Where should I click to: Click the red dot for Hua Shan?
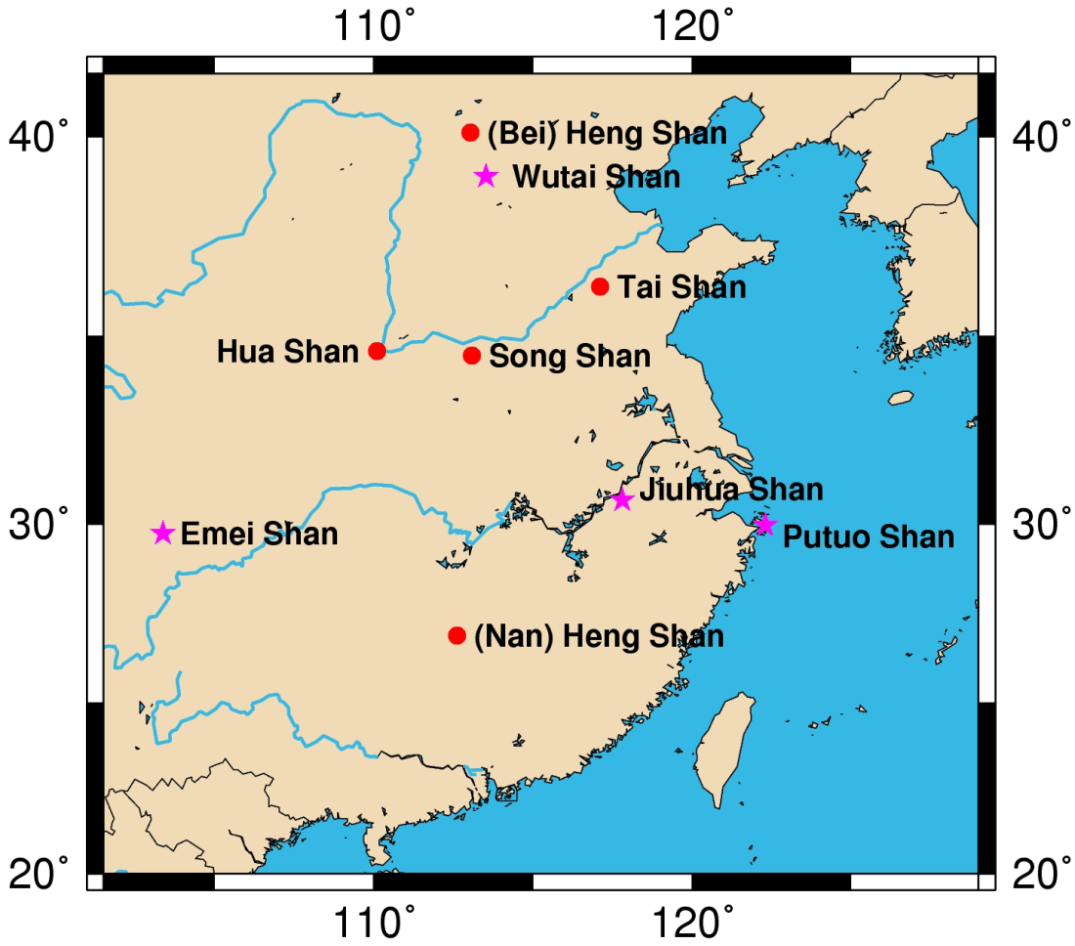tap(377, 351)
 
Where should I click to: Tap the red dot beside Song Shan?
tap(472, 356)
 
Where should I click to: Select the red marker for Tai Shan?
tap(600, 286)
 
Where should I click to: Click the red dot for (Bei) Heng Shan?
tap(470, 132)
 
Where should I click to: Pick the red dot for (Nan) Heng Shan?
tap(456, 635)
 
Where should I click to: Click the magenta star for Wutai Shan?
tap(486, 176)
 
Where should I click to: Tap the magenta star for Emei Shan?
tap(162, 533)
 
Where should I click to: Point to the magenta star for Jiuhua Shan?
tap(623, 499)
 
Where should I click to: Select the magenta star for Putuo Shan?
tap(765, 526)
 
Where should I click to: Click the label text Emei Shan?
tap(260, 535)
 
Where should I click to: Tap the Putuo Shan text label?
tap(869, 537)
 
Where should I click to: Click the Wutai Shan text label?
tap(596, 177)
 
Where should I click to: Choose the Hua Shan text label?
tap(287, 352)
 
